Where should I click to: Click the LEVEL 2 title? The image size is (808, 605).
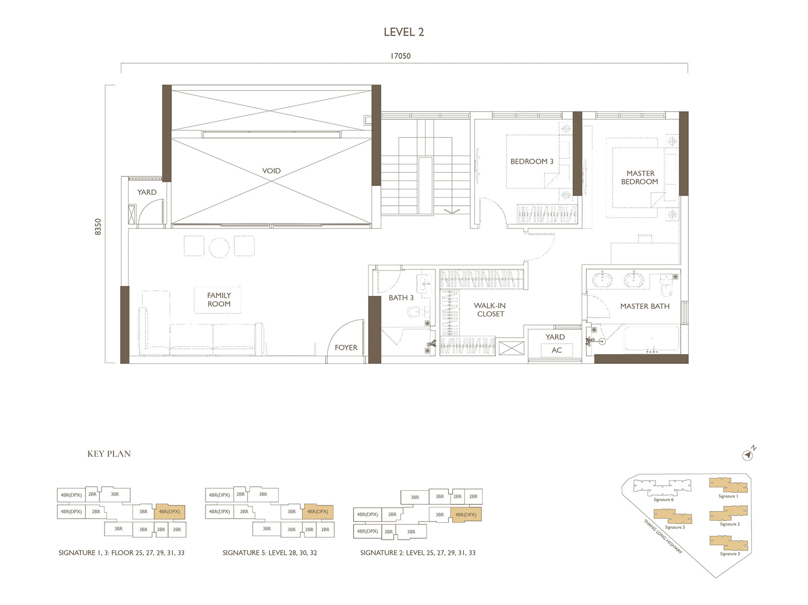(403, 32)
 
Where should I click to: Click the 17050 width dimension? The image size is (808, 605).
(400, 56)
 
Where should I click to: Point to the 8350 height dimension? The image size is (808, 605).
(98, 226)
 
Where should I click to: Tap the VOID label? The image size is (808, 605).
(271, 171)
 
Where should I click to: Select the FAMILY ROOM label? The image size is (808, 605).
(219, 300)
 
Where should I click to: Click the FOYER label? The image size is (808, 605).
(346, 348)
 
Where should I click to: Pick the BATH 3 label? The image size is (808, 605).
(401, 298)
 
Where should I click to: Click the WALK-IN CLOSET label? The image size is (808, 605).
(490, 310)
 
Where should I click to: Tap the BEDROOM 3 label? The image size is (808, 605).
(532, 162)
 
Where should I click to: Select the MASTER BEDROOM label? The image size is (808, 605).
(640, 177)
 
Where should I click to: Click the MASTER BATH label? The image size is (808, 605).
(644, 306)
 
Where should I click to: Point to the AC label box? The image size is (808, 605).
(557, 350)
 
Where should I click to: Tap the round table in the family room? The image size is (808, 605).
(219, 247)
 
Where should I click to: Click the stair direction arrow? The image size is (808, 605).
(452, 211)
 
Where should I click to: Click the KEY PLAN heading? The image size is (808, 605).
(109, 454)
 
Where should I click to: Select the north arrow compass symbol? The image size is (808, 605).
(748, 455)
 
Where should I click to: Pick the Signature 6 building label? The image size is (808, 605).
(663, 500)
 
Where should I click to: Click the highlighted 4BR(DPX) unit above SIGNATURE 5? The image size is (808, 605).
(318, 511)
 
